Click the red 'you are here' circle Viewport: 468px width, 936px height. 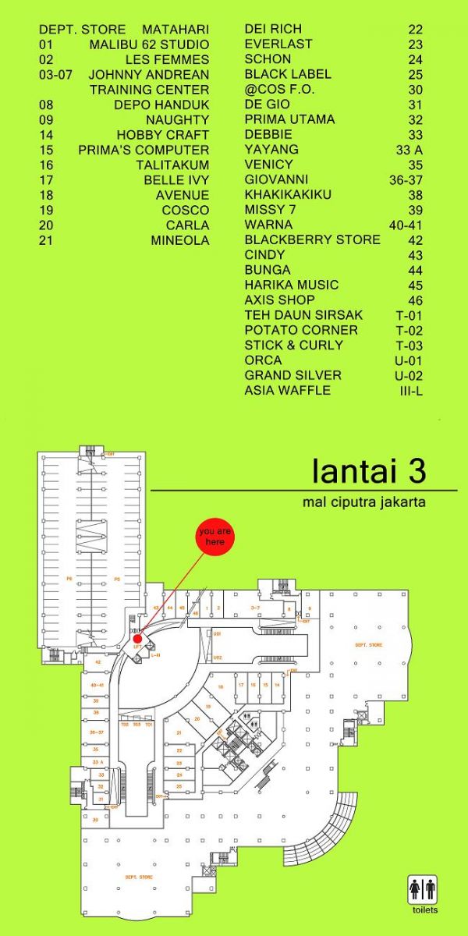[215, 538]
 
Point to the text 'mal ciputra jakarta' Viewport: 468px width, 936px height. [363, 502]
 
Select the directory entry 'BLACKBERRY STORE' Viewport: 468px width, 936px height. [312, 239]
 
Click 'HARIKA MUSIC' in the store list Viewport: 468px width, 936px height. [291, 285]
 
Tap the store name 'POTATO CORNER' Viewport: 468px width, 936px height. [301, 330]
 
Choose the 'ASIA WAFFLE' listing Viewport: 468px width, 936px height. [287, 390]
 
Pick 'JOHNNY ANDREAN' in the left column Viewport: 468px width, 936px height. [149, 75]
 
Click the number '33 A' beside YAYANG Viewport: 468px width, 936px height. [409, 150]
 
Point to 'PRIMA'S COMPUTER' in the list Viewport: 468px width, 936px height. [144, 150]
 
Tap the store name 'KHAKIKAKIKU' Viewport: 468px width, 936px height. [288, 194]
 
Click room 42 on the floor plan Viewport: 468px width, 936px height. [98, 661]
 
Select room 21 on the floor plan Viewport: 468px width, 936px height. [179, 732]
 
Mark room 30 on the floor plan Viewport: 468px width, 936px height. [96, 819]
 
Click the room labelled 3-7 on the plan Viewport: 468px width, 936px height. [254, 607]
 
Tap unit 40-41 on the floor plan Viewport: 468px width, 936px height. [97, 684]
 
